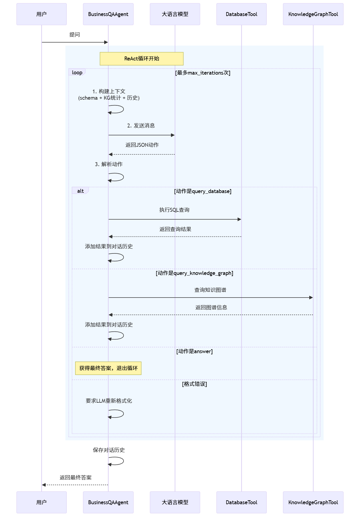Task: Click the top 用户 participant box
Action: coord(41,14)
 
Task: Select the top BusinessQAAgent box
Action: coord(108,14)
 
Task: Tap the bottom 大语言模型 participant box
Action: coord(175,502)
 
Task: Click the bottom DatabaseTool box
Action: coord(241,502)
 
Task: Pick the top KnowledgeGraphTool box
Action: coord(313,14)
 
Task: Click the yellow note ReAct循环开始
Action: coord(142,59)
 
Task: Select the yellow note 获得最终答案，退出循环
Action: coord(108,368)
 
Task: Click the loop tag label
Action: coord(77,73)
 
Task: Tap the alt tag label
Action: coord(80,191)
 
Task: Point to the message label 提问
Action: coord(75,35)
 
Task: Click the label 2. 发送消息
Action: coord(141,126)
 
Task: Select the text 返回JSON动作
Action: coord(142,145)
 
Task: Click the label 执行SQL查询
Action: coord(174,210)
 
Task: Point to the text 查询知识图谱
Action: coord(210,290)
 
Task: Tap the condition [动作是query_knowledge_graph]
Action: coord(194,273)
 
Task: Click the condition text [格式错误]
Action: coord(194,384)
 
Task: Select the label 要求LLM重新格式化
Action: coord(109,401)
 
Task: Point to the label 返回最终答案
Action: coord(76,478)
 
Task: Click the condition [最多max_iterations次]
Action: coord(203,73)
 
